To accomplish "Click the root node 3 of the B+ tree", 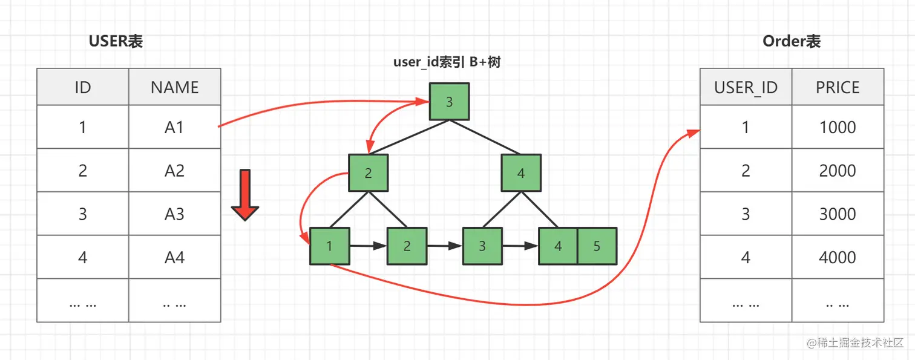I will coord(449,102).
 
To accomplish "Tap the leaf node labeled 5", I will coord(597,246).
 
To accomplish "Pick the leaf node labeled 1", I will coord(329,246).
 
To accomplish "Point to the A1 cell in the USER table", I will coord(174,127).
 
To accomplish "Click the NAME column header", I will coord(174,87).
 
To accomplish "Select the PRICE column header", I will coord(838,87).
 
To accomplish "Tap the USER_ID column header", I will coord(746,87).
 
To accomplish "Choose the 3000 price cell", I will coord(838,214).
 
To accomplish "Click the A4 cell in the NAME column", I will coord(174,258).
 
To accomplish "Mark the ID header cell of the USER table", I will coord(83,87).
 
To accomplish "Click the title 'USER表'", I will coord(116,41).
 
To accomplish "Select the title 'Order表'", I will coord(792,41).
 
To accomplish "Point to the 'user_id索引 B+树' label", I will coord(448,63).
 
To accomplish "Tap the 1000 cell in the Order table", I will coord(838,127).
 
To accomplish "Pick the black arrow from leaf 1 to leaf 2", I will coord(368,246).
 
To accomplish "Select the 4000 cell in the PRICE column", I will coord(838,258).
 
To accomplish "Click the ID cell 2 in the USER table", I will coord(83,171).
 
